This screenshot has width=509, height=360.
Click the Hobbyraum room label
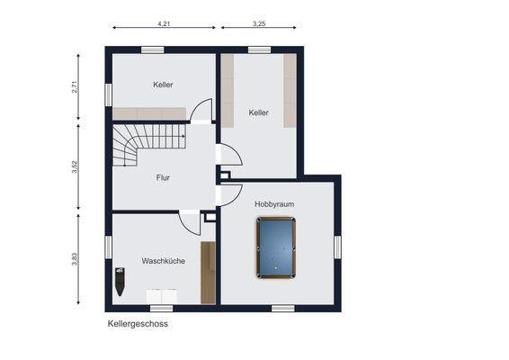(274, 204)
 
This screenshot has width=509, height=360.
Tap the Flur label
(163, 177)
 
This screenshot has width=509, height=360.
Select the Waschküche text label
(163, 261)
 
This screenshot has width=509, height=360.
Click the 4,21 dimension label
(164, 23)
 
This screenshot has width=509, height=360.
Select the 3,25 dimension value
(259, 23)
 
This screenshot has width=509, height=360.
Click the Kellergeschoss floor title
(138, 323)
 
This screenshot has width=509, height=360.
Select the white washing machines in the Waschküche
(161, 296)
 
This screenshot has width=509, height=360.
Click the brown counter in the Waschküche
(208, 273)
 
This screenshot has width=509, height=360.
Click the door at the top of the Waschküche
(190, 221)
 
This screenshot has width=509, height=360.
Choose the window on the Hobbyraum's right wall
(338, 247)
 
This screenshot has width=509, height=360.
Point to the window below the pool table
(282, 308)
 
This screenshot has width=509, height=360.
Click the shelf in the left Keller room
(148, 113)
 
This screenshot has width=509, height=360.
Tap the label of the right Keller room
(259, 112)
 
